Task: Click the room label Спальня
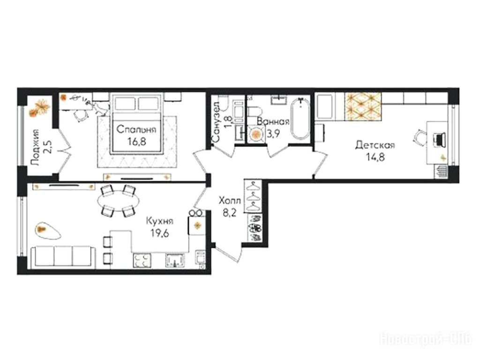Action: coord(136,130)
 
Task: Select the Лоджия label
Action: coord(36,148)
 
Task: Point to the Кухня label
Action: coord(159,221)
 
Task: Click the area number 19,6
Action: coord(160,233)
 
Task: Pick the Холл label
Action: coord(230,201)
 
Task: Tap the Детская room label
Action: coord(375,145)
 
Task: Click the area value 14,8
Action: coord(375,157)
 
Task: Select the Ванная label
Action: coord(273,121)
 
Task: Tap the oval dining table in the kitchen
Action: coord(118,201)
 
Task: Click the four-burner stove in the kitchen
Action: coord(142,260)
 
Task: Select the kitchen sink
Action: coord(175,260)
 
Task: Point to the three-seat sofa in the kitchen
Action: coord(63,256)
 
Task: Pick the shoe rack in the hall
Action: coord(254,228)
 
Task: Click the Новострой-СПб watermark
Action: coord(426,338)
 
